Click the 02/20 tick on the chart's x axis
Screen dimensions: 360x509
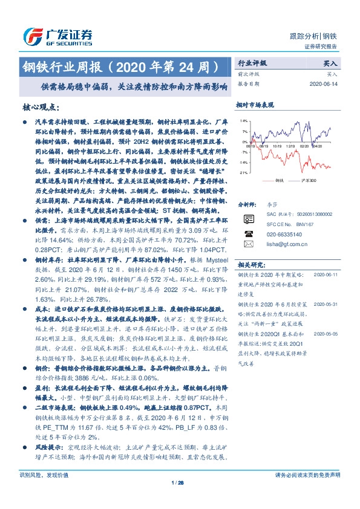(304, 146)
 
